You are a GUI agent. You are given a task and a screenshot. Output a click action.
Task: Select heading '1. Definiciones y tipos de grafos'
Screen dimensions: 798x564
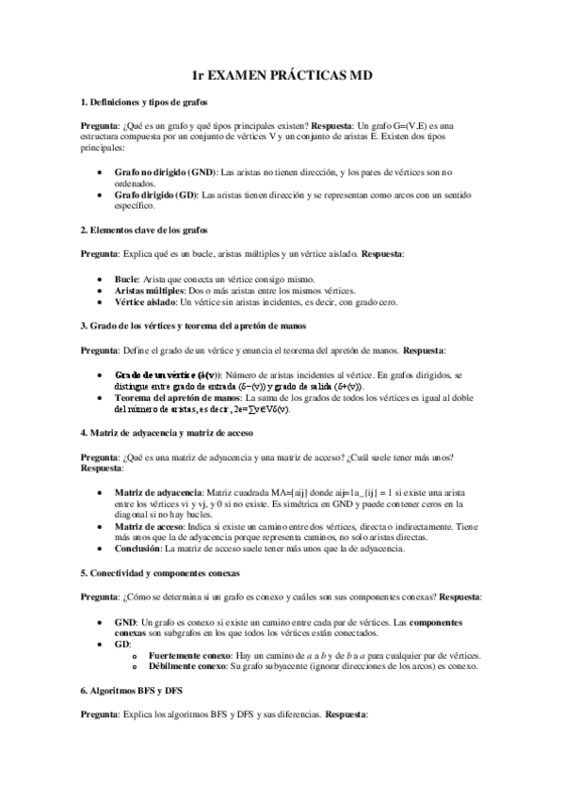[x=144, y=101]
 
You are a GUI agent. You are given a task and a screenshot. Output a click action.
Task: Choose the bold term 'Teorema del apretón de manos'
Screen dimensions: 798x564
[x=175, y=398]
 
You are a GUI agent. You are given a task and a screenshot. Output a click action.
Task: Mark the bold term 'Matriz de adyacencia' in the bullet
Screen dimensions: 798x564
[x=158, y=493]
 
